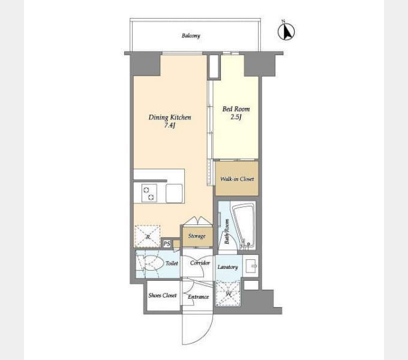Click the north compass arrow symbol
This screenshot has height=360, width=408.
pos(286,31)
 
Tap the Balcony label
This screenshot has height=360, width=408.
pos(191,35)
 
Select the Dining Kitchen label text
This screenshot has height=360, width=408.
pos(170,118)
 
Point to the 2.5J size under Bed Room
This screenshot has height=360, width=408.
pos(236,117)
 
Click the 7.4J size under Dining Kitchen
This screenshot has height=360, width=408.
pos(170,125)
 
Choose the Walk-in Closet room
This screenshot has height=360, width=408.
pos(237,178)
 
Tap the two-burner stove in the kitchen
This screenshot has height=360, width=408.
pos(149,193)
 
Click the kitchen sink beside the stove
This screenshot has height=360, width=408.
pos(174,193)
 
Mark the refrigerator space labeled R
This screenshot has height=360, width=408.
pos(147,236)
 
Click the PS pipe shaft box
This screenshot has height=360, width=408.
pos(167,244)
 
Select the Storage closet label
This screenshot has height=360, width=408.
pos(197,236)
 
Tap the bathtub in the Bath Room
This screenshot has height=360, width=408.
pos(244,225)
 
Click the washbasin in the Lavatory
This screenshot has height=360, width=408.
pos(251,266)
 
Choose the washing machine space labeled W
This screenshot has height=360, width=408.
pos(228,293)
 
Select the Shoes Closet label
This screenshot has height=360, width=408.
pos(163,295)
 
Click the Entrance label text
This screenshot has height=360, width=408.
pos(198,297)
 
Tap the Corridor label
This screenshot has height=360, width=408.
pos(200,263)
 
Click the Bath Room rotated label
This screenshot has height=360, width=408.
pos(227,232)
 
